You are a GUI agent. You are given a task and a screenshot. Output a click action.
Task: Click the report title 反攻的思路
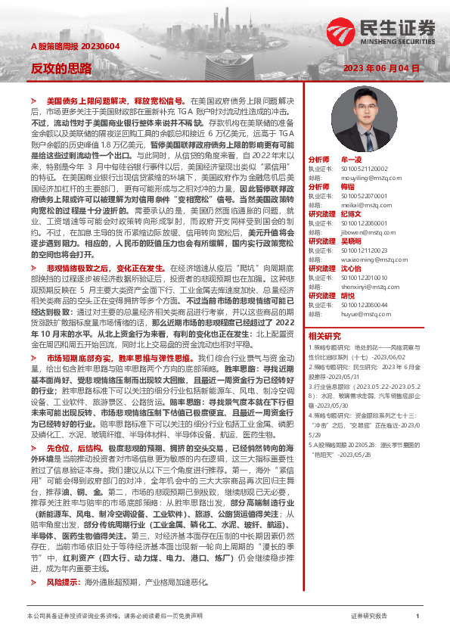(61, 67)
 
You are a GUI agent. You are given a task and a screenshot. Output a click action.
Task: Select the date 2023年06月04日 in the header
(381, 67)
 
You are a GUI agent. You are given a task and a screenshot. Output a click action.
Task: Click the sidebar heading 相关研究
(324, 335)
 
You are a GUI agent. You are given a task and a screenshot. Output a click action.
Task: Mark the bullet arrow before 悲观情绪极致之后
(33, 268)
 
